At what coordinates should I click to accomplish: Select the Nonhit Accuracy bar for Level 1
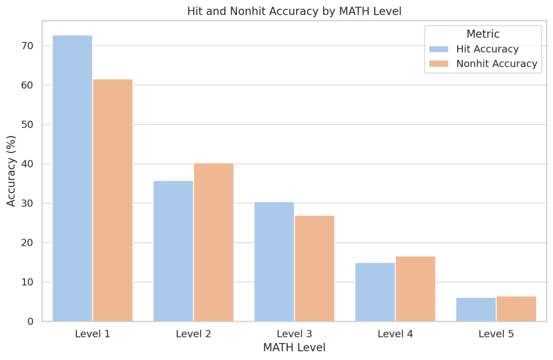pyautogui.click(x=113, y=200)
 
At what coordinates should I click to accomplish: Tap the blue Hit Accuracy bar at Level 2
pyautogui.click(x=173, y=251)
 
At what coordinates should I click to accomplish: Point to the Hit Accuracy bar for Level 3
pyautogui.click(x=274, y=262)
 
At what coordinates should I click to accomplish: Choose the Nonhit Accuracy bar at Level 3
pyautogui.click(x=314, y=268)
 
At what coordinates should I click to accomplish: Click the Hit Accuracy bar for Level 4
pyautogui.click(x=375, y=292)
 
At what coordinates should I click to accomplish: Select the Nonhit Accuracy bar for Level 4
pyautogui.click(x=415, y=289)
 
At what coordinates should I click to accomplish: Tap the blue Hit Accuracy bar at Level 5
pyautogui.click(x=476, y=309)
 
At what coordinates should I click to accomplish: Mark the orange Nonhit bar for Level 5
pyautogui.click(x=516, y=309)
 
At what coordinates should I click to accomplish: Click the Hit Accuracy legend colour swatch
pyautogui.click(x=438, y=49)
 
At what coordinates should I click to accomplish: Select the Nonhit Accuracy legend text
pyautogui.click(x=497, y=64)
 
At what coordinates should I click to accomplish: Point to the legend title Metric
pyautogui.click(x=483, y=34)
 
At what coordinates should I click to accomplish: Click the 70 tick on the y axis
pyautogui.click(x=28, y=46)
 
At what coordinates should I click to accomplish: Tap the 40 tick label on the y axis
pyautogui.click(x=28, y=164)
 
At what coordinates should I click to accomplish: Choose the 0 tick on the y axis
pyautogui.click(x=30, y=322)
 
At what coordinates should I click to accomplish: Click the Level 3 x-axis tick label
pyautogui.click(x=294, y=334)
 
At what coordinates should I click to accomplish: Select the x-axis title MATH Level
pyautogui.click(x=294, y=348)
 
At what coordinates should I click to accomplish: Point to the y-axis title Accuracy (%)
pyautogui.click(x=12, y=171)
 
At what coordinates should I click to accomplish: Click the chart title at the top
pyautogui.click(x=294, y=11)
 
